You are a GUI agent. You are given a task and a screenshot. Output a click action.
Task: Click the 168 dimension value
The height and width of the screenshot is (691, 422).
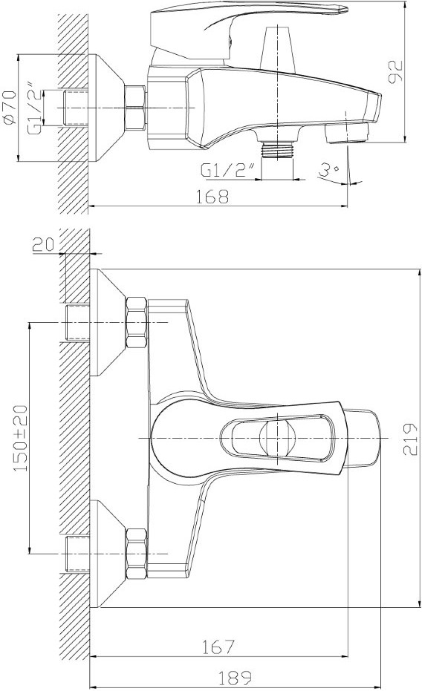(212, 196)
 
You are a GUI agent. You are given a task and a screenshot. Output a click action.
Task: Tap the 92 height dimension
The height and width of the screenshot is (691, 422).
(395, 72)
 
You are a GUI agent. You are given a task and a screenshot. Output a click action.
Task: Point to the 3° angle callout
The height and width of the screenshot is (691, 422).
(329, 170)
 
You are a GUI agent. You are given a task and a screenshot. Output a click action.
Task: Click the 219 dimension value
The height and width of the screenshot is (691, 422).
(409, 439)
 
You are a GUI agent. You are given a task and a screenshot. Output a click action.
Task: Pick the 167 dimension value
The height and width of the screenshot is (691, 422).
(218, 647)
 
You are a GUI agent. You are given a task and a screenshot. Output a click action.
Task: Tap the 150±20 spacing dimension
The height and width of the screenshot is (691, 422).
(20, 438)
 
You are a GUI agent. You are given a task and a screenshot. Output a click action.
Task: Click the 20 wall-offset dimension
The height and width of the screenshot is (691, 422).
(43, 244)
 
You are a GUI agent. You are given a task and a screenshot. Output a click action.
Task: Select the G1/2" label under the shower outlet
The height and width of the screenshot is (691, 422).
(228, 170)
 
